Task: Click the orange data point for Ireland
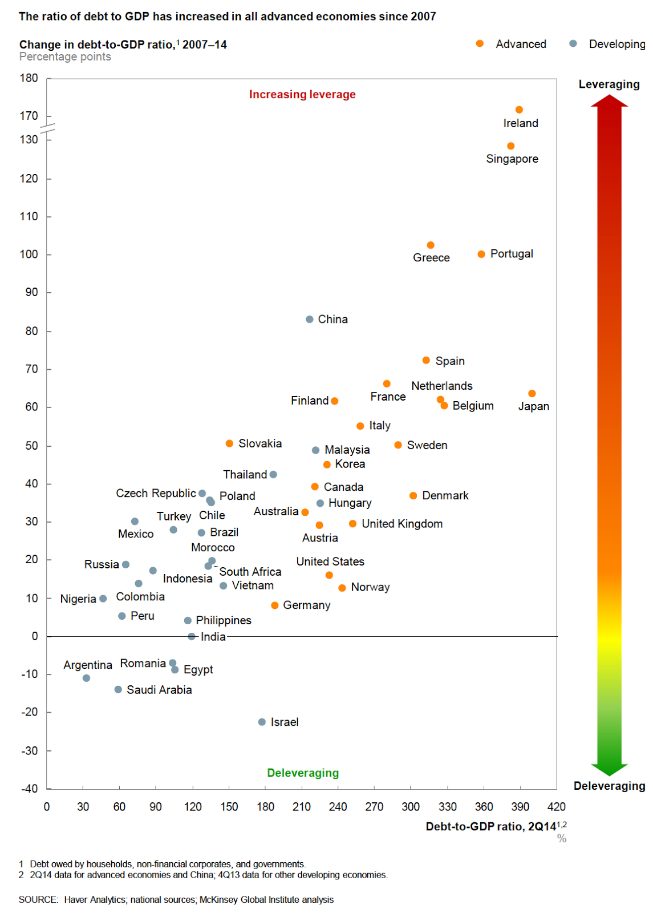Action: coord(519,110)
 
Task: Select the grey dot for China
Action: coord(310,320)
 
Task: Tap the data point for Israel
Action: coord(262,722)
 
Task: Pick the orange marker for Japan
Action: coord(532,394)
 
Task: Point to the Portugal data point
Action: coord(481,254)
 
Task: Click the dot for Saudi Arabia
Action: coord(118,689)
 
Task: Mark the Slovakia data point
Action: coord(229,443)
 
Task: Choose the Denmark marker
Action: coord(413,496)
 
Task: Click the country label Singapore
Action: coord(512,159)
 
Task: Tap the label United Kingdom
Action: coord(402,524)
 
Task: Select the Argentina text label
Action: coord(88,665)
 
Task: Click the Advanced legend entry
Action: coord(521,44)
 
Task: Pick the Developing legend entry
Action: coord(617,44)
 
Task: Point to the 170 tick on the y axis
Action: coord(29,116)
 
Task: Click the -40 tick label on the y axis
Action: coord(30,789)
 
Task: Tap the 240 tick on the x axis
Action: coord(338,807)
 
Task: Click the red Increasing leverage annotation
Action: coord(302,95)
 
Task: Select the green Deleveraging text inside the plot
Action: coord(303,773)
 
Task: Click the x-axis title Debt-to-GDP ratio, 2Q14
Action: coord(490,827)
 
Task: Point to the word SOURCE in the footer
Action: coord(38,900)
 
